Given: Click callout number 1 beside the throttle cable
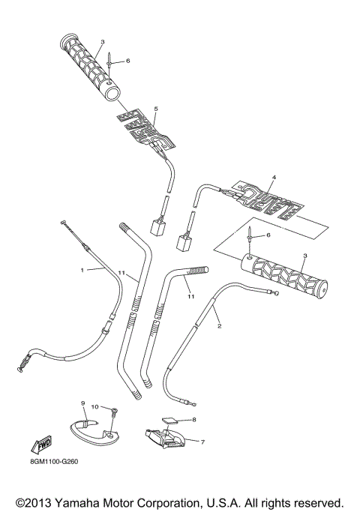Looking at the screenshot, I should [82, 268].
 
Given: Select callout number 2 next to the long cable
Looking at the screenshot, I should [219, 326].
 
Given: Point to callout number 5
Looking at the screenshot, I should [155, 109].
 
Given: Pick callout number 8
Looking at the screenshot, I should [193, 421].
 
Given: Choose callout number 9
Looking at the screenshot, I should [83, 403].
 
